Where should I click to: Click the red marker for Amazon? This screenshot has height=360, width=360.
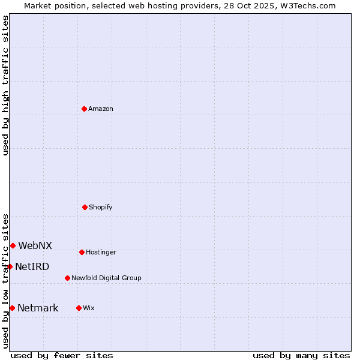[84, 109]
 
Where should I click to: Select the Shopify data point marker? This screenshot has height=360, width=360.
[85, 207]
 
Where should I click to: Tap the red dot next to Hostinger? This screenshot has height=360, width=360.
[82, 252]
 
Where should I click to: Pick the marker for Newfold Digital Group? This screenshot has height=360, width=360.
[67, 278]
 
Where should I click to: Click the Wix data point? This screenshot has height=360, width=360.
[79, 308]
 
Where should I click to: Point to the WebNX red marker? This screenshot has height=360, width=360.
[13, 245]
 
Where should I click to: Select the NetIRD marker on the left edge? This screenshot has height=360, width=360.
[10, 266]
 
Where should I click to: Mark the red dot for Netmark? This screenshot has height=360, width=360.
[12, 308]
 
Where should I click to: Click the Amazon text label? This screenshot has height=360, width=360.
[101, 109]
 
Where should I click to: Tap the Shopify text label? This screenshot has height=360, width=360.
[101, 207]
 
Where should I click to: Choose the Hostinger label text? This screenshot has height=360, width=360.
[101, 252]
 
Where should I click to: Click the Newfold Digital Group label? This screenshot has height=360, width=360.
[106, 278]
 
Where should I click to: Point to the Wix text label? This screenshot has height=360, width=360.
[89, 308]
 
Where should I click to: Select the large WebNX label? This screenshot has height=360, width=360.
[35, 245]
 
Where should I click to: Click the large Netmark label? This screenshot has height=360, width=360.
[38, 308]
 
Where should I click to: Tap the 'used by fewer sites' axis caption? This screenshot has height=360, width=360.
[62, 355]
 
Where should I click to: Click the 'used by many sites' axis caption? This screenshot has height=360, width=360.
[301, 355]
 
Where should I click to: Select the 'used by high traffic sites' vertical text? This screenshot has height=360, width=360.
[5, 85]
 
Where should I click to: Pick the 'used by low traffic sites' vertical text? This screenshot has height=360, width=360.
[5, 281]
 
